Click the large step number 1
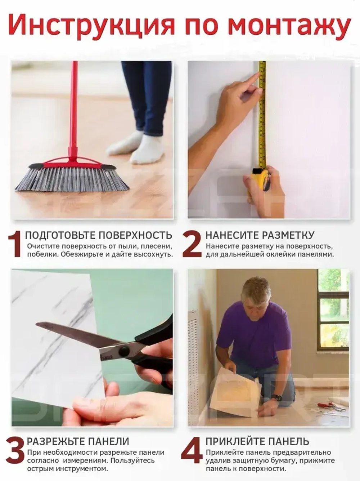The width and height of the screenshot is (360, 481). [x=15, y=244]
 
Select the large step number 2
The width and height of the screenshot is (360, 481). [x=192, y=244]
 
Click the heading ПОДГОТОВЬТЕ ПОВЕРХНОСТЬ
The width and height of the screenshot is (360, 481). [x=99, y=235]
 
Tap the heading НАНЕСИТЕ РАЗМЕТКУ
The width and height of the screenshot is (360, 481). [x=260, y=235]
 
